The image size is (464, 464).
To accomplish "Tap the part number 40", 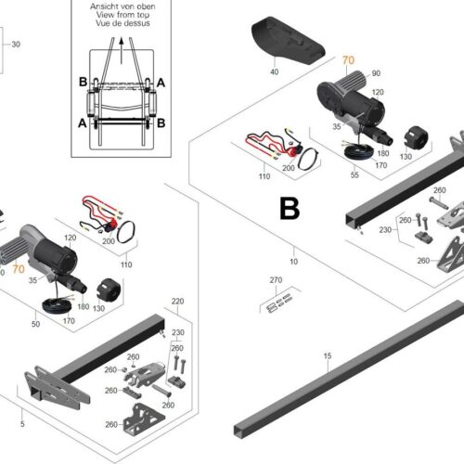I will click(274, 71).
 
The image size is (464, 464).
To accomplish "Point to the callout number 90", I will click(376, 73).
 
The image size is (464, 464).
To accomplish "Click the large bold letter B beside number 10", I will click(290, 210).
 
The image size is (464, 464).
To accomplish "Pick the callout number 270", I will click(275, 279).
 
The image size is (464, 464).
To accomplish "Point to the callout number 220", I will click(177, 302).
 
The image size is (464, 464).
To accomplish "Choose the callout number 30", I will click(15, 44).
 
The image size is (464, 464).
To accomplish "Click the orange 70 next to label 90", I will click(349, 61).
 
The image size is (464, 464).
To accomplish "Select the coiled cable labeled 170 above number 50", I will click(59, 305).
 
